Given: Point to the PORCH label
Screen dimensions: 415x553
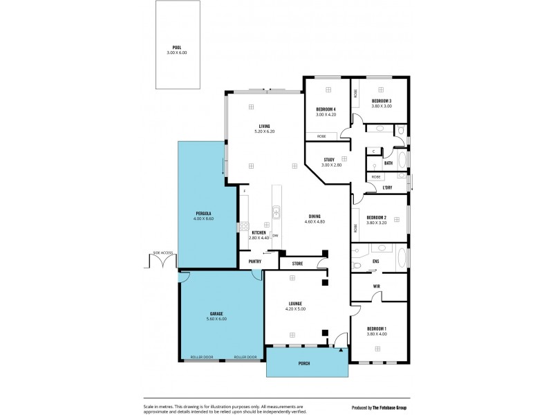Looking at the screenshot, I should [304, 363].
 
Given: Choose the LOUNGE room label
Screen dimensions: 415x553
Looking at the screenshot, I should [294, 303].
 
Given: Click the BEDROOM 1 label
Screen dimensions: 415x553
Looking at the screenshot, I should [377, 328].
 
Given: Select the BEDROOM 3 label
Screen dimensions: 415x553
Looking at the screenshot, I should [381, 101].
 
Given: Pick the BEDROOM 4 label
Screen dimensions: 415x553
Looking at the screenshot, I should [326, 109].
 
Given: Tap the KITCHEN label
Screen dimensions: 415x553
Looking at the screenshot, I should [259, 232].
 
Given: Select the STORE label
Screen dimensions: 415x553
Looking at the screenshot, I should [297, 263].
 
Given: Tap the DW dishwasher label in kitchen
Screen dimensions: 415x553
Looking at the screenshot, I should [275, 235].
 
